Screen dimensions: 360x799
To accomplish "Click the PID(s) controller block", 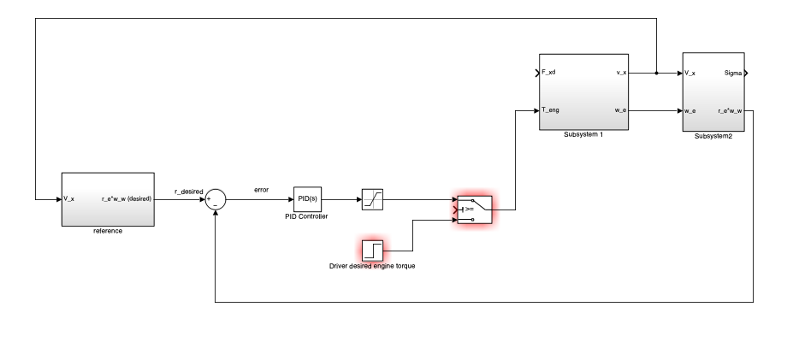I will (306, 199).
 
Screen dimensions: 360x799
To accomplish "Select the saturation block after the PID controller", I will (372, 199).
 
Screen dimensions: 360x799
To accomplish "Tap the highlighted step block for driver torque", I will (372, 250).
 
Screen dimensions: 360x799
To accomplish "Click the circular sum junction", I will (216, 199).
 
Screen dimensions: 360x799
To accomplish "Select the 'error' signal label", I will (262, 189).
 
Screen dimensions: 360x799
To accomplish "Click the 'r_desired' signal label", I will (188, 192).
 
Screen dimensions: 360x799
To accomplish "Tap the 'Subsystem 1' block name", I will (584, 135).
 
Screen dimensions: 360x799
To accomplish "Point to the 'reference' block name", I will (107, 231).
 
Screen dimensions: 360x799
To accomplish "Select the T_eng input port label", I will (551, 110).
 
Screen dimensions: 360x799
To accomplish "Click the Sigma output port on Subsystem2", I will (733, 74).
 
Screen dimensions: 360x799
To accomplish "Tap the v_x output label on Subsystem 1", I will (621, 73).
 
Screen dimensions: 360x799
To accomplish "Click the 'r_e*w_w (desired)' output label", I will (126, 199).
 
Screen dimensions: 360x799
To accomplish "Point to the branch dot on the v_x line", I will (656, 74).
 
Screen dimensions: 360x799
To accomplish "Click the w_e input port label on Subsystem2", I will (690, 110).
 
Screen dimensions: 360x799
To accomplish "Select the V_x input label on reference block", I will (69, 199).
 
